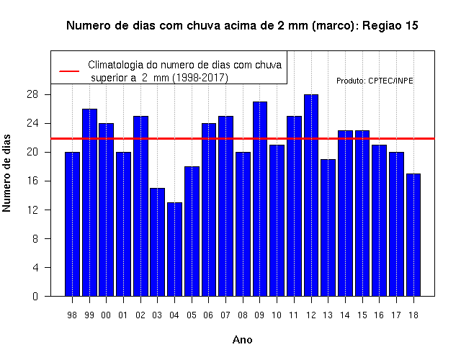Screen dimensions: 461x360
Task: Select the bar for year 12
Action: (x=311, y=195)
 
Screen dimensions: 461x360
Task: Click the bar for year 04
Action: (x=174, y=249)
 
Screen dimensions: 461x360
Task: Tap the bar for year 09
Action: (x=260, y=199)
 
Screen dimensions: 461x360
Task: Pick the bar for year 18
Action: (x=413, y=235)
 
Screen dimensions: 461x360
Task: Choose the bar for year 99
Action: (x=89, y=202)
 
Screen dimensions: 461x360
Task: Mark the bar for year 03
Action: (x=157, y=242)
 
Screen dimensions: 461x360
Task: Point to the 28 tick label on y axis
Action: (x=32, y=94)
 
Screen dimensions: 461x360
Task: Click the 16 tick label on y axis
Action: (x=32, y=181)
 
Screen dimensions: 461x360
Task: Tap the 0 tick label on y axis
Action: (x=35, y=296)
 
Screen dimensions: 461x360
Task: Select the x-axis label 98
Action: (x=72, y=315)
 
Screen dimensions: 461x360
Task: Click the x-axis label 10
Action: (x=277, y=315)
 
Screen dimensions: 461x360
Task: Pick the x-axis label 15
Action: (x=362, y=315)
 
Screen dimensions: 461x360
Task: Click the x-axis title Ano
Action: (x=242, y=340)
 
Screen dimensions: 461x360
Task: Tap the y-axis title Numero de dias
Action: (x=6, y=174)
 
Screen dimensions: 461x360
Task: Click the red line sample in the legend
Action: (x=69, y=71)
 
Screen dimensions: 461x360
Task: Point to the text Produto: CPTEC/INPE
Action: (x=375, y=81)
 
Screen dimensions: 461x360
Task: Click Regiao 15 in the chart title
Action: (x=390, y=26)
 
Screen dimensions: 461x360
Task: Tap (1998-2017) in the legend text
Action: (x=200, y=78)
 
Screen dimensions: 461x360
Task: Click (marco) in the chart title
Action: (x=334, y=26)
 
